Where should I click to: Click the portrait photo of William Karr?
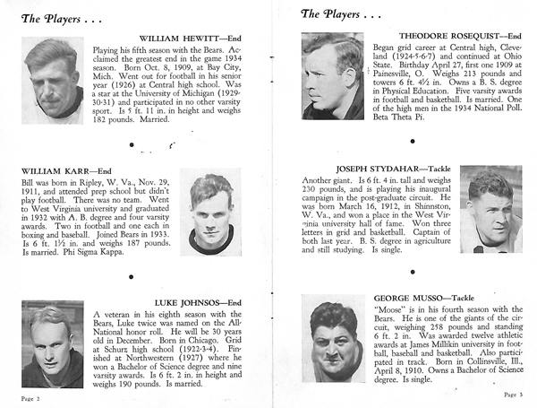click(210, 213)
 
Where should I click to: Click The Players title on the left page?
click(54, 13)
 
